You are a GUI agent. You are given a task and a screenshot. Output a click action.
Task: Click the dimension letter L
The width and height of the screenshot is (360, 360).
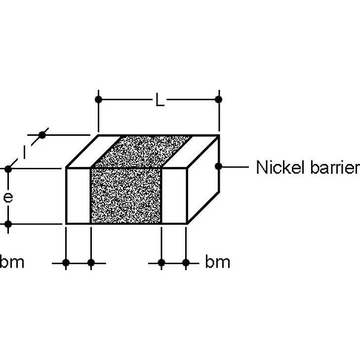(160, 100)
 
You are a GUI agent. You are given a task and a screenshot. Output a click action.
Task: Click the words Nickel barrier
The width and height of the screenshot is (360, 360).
(308, 167)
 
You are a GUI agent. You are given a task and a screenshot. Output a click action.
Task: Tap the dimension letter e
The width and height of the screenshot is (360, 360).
(8, 198)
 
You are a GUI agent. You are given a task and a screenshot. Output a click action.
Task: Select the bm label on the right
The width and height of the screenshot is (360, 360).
(217, 261)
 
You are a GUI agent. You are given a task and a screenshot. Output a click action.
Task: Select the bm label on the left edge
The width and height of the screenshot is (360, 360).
(12, 261)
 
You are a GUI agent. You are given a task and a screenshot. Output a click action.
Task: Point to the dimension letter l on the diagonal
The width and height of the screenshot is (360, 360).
(24, 152)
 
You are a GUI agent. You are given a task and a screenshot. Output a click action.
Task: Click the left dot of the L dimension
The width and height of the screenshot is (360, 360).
(98, 100)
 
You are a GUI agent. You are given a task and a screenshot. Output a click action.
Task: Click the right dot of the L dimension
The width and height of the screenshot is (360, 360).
(218, 100)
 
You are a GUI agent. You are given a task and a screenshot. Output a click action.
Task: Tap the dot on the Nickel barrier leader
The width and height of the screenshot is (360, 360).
(219, 166)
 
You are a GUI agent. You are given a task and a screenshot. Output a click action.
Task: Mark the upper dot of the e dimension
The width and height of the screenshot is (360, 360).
(8, 169)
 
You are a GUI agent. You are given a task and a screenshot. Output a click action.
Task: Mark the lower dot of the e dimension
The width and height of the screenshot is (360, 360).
(8, 224)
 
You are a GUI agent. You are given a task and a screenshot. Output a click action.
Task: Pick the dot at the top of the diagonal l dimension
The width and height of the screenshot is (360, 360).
(42, 135)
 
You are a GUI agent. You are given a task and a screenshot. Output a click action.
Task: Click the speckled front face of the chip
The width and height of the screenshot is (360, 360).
(126, 196)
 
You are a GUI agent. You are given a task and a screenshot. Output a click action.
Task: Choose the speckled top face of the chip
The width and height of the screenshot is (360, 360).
(143, 152)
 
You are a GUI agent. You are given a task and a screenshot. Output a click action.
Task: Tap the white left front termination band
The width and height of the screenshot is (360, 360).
(79, 196)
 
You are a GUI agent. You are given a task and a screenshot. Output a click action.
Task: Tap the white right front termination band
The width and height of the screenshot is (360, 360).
(174, 196)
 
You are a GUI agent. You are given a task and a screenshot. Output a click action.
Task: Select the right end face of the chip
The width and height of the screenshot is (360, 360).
(203, 180)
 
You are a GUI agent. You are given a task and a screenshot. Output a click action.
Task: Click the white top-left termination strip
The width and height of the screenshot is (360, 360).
(93, 152)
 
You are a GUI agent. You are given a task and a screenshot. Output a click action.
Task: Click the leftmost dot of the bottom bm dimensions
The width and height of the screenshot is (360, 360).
(66, 263)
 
